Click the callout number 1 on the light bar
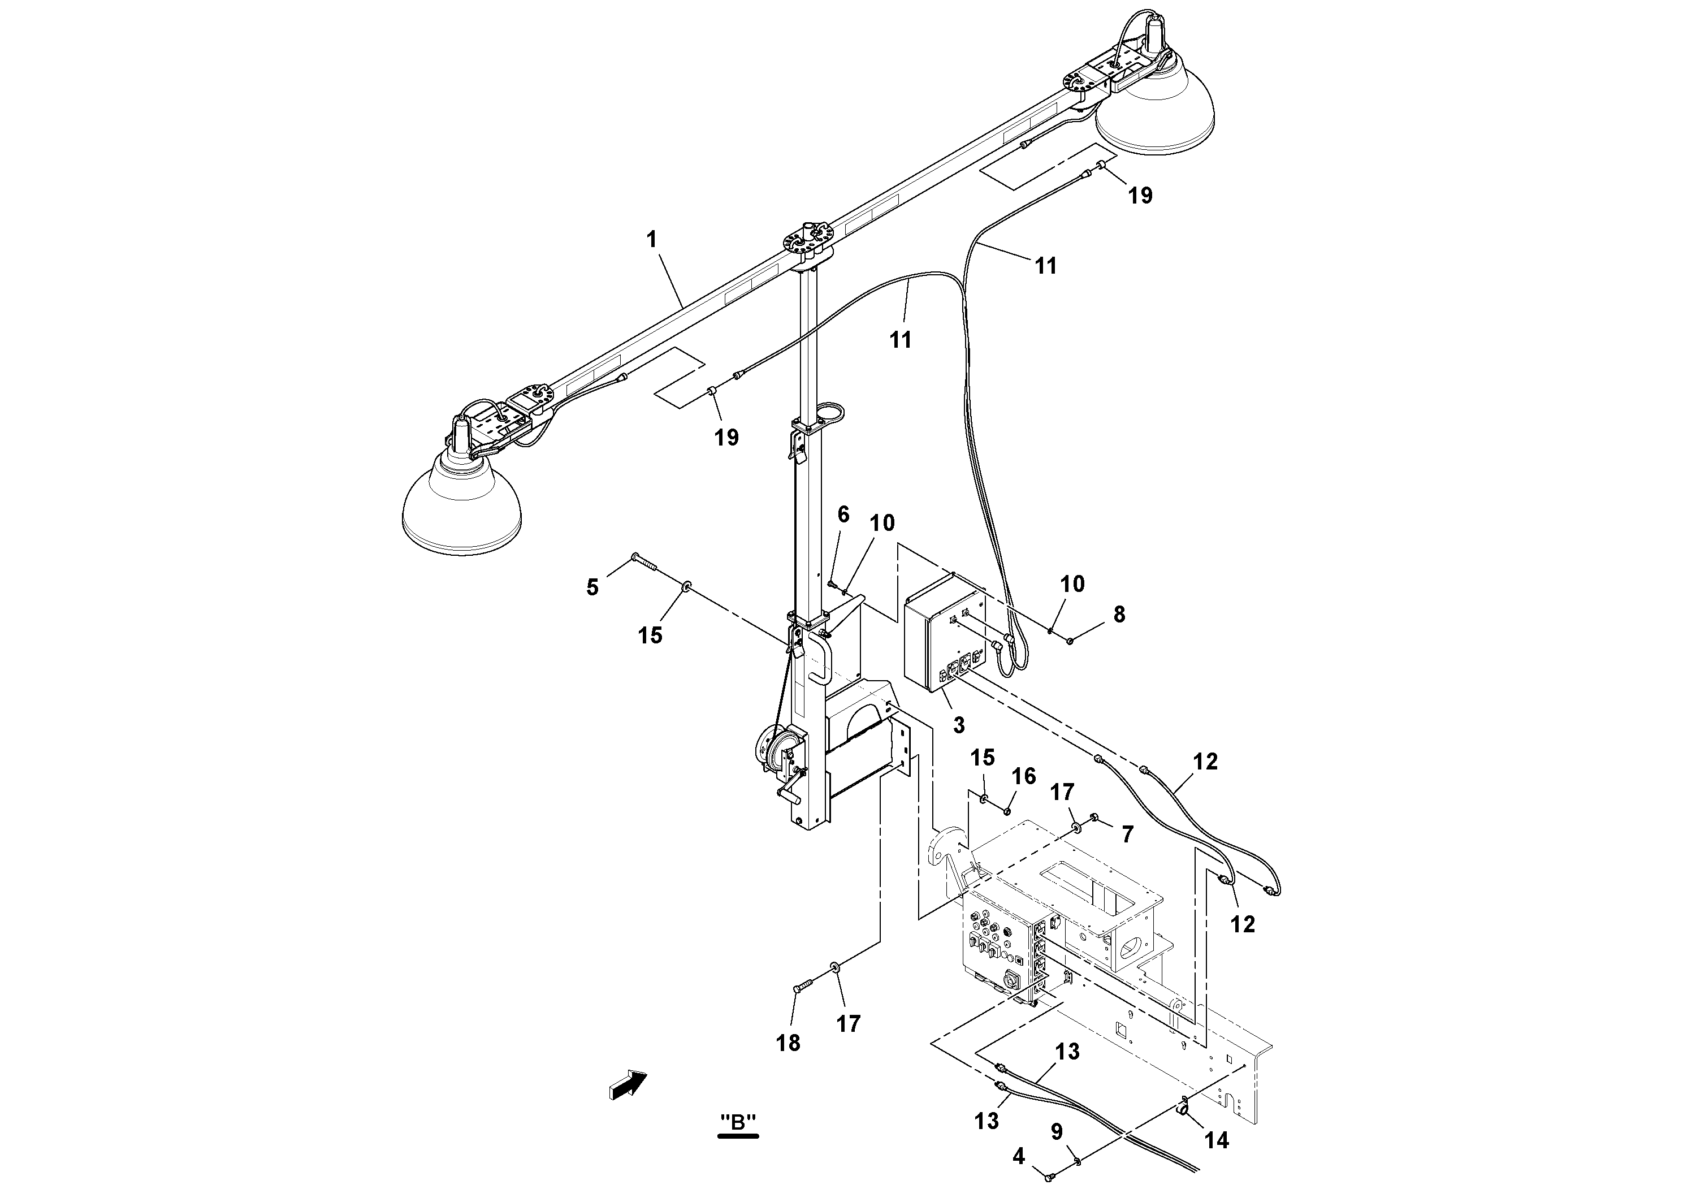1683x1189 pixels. pyautogui.click(x=652, y=239)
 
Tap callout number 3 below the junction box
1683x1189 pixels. pyautogui.click(x=959, y=725)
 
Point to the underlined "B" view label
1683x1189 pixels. pyautogui.click(x=738, y=1122)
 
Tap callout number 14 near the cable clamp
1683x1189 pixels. pyautogui.click(x=1217, y=1139)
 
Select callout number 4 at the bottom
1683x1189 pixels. pyautogui.click(x=1019, y=1157)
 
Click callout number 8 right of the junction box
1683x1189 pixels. pyautogui.click(x=1119, y=615)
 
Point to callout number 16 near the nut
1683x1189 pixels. pyautogui.click(x=1024, y=776)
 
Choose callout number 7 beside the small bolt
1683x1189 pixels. pyautogui.click(x=1127, y=833)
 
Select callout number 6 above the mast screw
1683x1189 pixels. pyautogui.click(x=843, y=514)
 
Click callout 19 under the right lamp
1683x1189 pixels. pyautogui.click(x=1140, y=195)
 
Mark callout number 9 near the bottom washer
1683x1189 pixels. pyautogui.click(x=1056, y=1132)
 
